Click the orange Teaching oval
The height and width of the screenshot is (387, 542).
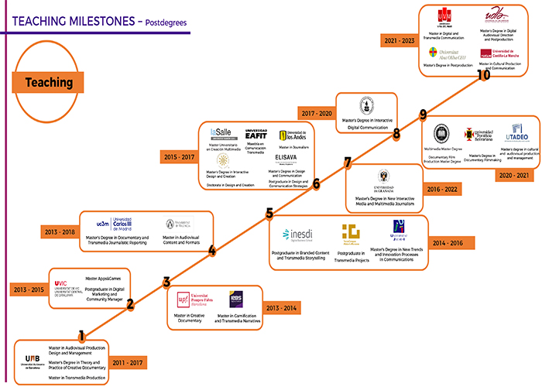tap(47, 81)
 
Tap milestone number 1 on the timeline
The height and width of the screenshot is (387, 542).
tap(82, 336)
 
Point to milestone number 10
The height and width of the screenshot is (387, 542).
tap(484, 75)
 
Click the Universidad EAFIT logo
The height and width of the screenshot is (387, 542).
tap(256, 133)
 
